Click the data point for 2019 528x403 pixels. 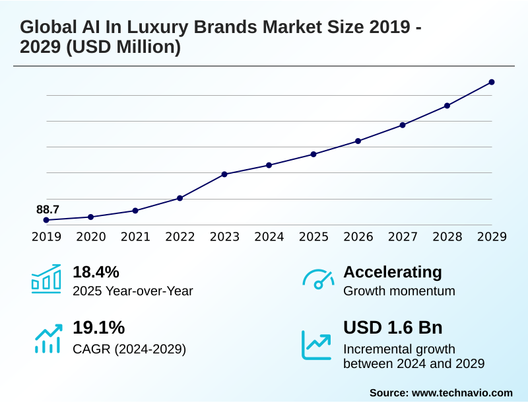(x=46, y=220)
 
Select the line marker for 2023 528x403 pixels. (x=224, y=174)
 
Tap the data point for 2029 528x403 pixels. (x=492, y=82)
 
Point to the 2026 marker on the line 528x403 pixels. (x=358, y=141)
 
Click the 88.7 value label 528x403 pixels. (x=48, y=209)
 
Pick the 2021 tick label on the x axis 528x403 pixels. (x=135, y=237)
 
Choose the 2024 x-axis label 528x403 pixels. (x=269, y=237)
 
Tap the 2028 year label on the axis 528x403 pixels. (x=447, y=237)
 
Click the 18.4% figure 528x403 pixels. (x=96, y=272)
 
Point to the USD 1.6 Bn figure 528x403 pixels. (x=393, y=328)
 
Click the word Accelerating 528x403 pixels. (x=393, y=272)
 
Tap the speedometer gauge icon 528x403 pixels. (x=318, y=279)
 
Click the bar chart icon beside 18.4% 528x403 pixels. (x=46, y=279)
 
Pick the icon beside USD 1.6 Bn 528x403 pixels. (x=317, y=344)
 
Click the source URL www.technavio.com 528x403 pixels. (x=462, y=392)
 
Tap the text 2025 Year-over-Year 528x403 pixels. (x=133, y=291)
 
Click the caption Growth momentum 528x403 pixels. (x=399, y=291)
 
